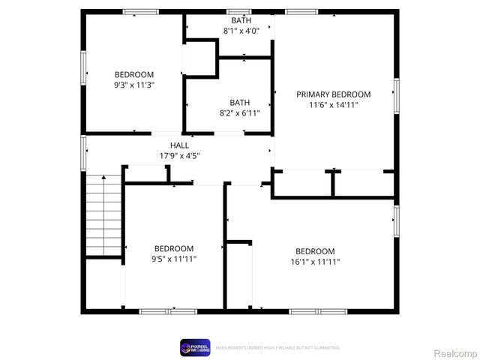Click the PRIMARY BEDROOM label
pos(333,94)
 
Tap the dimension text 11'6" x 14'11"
pos(333,105)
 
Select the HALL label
pos(179,145)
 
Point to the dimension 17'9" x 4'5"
pos(179,156)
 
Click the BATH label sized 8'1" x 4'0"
pos(241,20)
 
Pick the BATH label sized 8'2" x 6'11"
pos(240,103)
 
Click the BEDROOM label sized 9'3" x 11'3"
pos(134,74)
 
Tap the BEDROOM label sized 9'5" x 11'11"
pos(174,248)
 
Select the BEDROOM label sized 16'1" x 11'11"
pos(315,251)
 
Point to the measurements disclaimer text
pos(277,348)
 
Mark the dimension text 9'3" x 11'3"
pos(134,85)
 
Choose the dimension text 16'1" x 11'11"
pos(315,262)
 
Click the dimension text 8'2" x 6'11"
pos(240,114)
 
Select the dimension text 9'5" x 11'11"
pos(174,259)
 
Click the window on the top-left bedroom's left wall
pos(84,67)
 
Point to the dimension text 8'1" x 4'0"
pos(241,31)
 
